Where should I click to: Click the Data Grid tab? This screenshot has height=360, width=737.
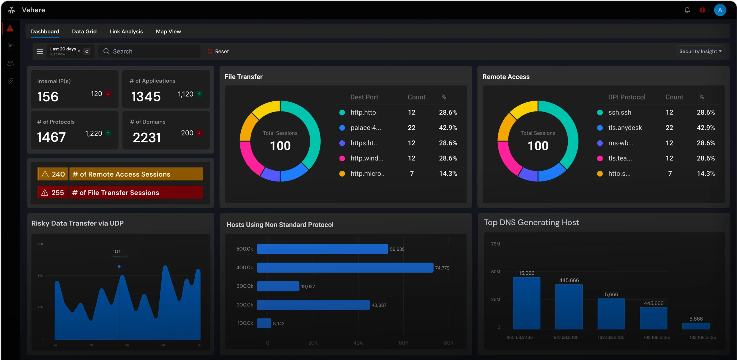[84, 31]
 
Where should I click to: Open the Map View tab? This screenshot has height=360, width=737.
[168, 31]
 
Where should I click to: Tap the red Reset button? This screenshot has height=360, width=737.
[218, 51]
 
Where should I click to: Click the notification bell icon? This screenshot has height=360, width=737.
[687, 10]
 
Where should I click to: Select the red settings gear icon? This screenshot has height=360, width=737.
[702, 10]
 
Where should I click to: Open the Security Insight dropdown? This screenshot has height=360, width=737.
[700, 51]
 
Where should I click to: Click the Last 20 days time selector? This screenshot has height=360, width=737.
[65, 51]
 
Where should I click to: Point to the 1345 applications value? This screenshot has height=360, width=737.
[146, 97]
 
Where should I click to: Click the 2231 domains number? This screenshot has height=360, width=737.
[147, 137]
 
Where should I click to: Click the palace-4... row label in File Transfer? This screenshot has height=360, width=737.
[366, 128]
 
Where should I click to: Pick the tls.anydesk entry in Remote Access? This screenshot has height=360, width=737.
[625, 128]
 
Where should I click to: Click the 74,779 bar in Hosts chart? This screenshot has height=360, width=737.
[345, 268]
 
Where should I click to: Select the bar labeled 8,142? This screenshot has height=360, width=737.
[264, 323]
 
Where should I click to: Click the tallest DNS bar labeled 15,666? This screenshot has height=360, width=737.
[527, 303]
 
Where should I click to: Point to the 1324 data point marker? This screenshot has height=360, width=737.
[119, 267]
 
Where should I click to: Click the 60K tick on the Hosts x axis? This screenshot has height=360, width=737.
[403, 343]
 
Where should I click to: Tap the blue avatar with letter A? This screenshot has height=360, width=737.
[720, 10]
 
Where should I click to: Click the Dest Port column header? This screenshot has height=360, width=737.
[364, 97]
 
